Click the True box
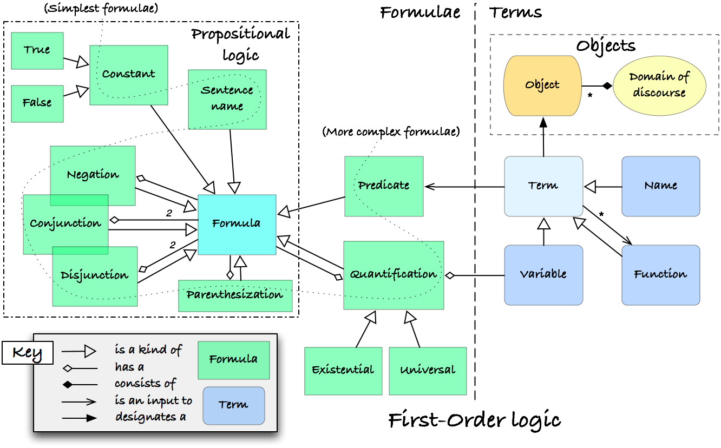tap(37, 51)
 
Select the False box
tap(37, 104)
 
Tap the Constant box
tap(129, 75)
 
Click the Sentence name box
tap(227, 100)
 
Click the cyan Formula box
tap(237, 225)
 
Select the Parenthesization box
tap(235, 296)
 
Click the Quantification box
tap(394, 275)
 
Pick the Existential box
tap(343, 371)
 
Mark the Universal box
tap(428, 371)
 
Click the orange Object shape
tap(542, 85)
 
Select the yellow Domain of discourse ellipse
tap(659, 85)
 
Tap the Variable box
tap(543, 275)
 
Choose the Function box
tap(660, 275)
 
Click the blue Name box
tap(660, 187)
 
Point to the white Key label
tap(28, 353)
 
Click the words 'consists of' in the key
tap(145, 384)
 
